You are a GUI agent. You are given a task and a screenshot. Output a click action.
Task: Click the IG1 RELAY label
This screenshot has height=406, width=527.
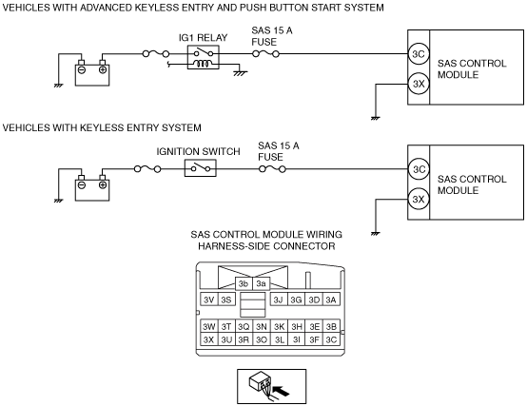(x=203, y=38)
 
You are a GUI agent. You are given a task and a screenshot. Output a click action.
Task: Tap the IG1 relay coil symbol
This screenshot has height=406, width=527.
(x=204, y=63)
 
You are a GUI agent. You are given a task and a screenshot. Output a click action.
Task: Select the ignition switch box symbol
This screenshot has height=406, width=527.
(x=201, y=168)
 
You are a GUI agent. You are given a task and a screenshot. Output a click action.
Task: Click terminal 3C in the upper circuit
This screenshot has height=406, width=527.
(x=419, y=54)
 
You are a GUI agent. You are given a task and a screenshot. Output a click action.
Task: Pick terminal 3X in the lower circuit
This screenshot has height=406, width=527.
(x=419, y=199)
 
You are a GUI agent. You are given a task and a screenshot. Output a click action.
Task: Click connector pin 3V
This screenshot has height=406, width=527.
(x=209, y=300)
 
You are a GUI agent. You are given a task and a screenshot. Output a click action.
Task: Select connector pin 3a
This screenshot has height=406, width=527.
(x=262, y=283)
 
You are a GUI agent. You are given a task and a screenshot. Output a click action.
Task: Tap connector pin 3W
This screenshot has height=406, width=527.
(x=209, y=326)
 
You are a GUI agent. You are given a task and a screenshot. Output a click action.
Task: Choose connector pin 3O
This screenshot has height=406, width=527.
(x=262, y=339)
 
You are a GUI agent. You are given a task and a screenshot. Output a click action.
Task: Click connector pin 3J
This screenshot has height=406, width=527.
(x=279, y=300)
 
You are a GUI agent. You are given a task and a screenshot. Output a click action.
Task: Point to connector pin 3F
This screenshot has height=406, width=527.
(x=314, y=339)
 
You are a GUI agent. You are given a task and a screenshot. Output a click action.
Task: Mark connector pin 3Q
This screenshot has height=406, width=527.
(x=244, y=326)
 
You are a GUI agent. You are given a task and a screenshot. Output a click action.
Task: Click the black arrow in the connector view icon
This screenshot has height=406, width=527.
(x=281, y=391)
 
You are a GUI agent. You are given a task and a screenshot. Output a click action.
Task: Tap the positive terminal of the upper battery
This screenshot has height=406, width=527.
(x=103, y=69)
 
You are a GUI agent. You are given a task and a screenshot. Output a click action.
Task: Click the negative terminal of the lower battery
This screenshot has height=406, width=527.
(x=82, y=184)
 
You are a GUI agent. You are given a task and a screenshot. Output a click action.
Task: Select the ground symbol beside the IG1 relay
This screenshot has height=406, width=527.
(x=240, y=73)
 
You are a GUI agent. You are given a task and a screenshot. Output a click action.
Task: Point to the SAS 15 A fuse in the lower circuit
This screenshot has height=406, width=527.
(x=272, y=169)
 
